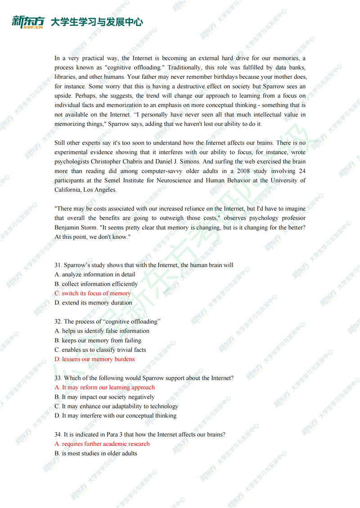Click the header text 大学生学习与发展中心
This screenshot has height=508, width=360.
point(97,22)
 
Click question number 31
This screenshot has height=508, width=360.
point(58,265)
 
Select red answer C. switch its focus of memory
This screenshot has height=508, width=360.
point(93,293)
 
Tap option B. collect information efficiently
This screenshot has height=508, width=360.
point(96,284)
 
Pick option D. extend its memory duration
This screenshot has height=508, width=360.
point(93,303)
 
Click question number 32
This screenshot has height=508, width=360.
point(58,322)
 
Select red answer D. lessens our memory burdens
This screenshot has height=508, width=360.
point(94,359)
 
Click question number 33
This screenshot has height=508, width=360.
point(58,378)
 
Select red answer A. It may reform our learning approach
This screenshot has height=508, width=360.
point(104,387)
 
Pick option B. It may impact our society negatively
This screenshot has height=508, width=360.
point(104,397)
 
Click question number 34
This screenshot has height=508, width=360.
point(58,434)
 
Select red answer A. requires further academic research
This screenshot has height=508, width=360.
point(102,444)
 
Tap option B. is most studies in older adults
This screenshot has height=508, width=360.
point(96,453)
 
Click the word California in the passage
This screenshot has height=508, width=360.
point(68,190)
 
